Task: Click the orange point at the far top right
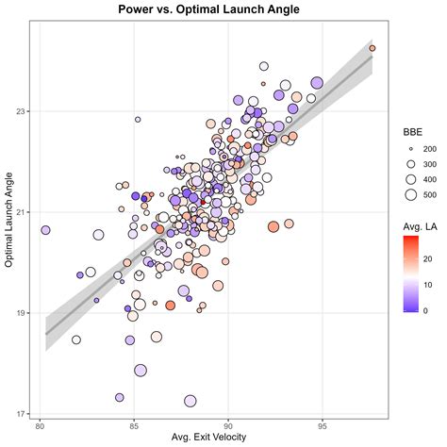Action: click(372, 47)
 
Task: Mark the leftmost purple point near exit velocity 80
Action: click(45, 230)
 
